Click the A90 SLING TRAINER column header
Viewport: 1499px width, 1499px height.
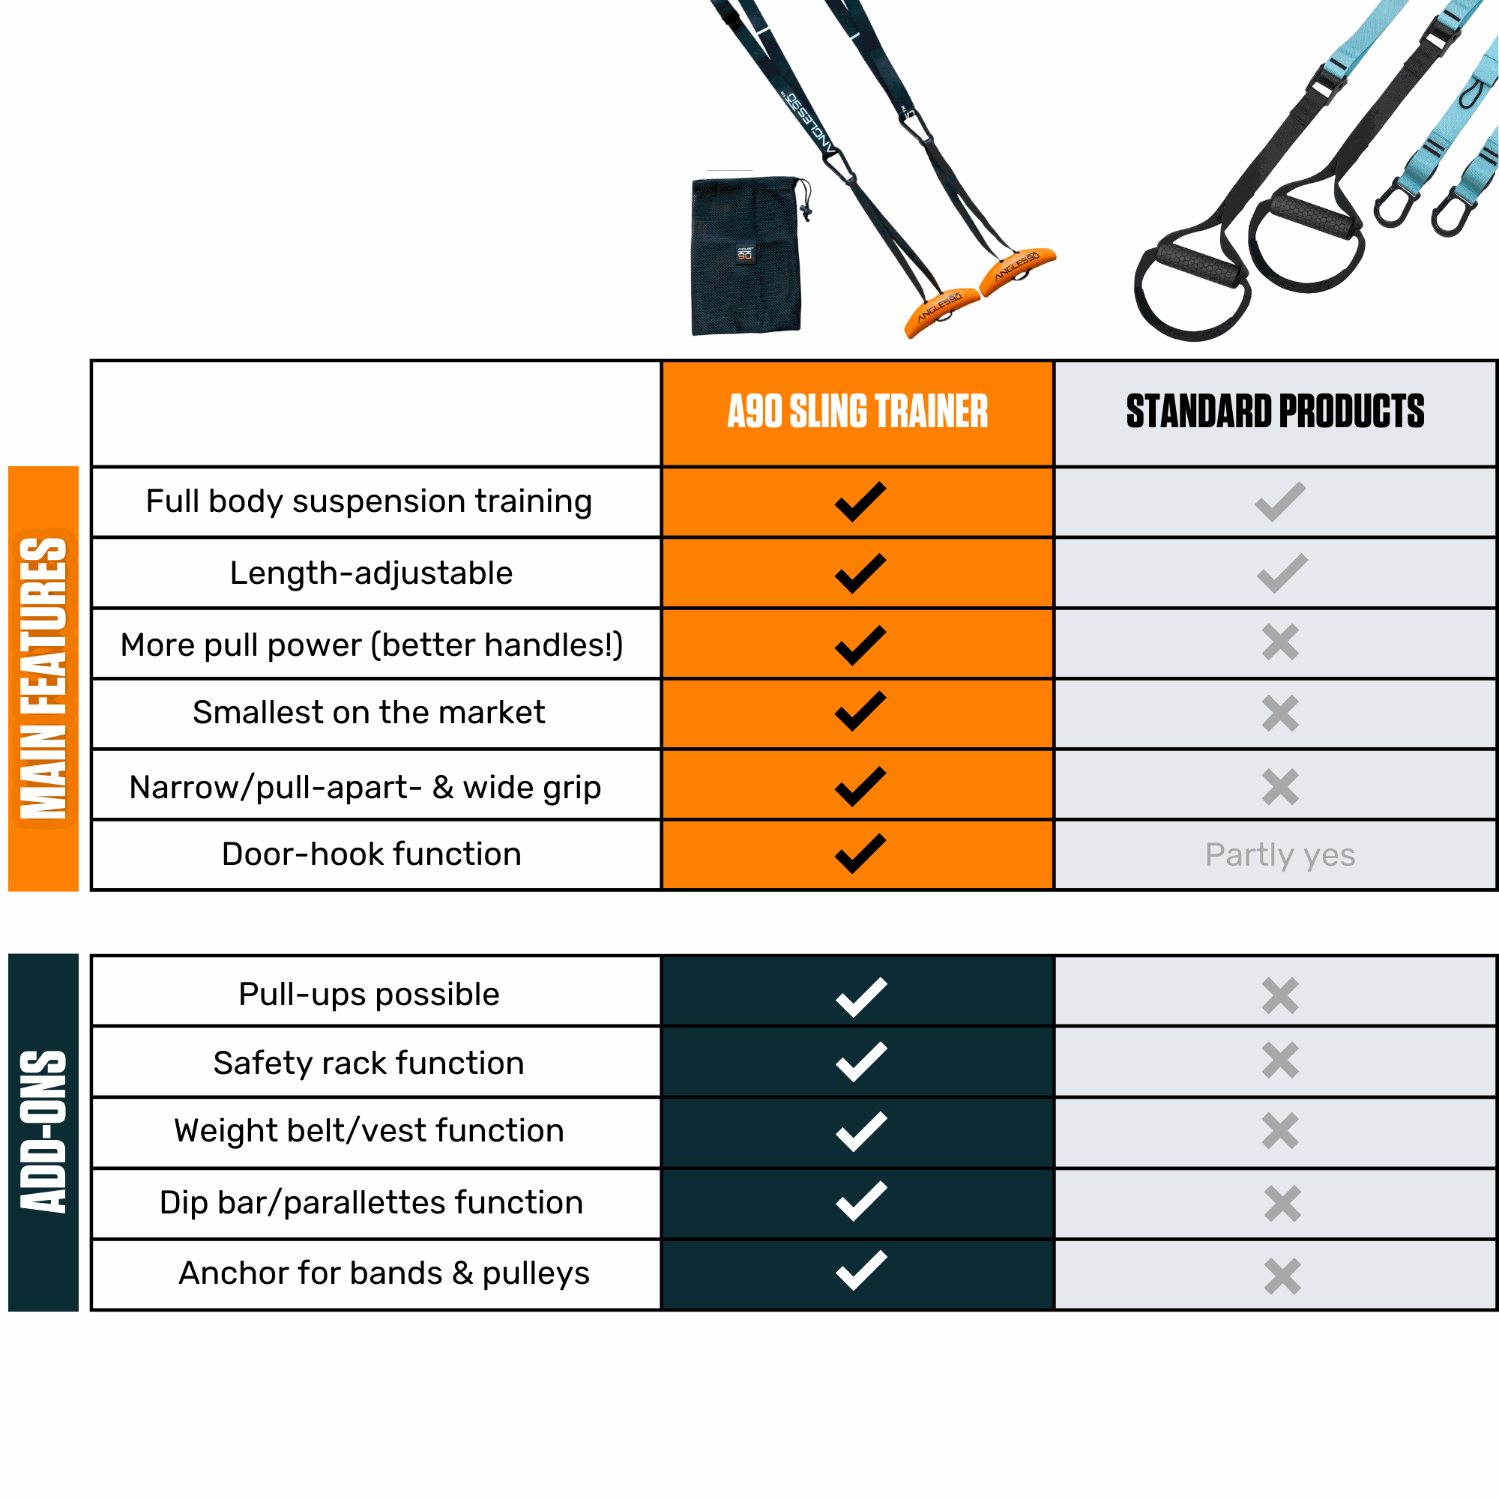click(857, 411)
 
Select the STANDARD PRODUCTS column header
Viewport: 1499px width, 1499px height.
click(1275, 411)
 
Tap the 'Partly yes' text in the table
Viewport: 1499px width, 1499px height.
click(1279, 855)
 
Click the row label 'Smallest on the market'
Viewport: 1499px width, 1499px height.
click(369, 712)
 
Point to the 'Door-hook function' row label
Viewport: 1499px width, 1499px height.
click(372, 854)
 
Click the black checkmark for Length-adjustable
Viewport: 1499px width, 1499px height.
click(860, 573)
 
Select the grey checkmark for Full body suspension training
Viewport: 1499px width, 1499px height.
click(1279, 502)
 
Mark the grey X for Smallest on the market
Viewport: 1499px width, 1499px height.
click(1279, 714)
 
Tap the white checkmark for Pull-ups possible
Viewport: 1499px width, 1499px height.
click(860, 997)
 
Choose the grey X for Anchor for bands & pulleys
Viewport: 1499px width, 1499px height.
click(1282, 1276)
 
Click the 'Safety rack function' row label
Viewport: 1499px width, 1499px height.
click(369, 1063)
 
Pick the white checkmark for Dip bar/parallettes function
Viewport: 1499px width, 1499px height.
click(860, 1201)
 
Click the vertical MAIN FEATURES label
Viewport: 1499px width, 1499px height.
click(43, 678)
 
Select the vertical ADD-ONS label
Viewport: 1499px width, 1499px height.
click(43, 1132)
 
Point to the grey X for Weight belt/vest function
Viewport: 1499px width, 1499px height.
click(1279, 1131)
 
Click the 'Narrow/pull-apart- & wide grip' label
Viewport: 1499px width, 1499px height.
click(365, 788)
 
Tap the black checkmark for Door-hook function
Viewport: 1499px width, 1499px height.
click(860, 854)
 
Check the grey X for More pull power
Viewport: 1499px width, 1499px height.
click(1279, 642)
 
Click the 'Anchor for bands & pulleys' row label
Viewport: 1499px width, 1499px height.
click(384, 1273)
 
